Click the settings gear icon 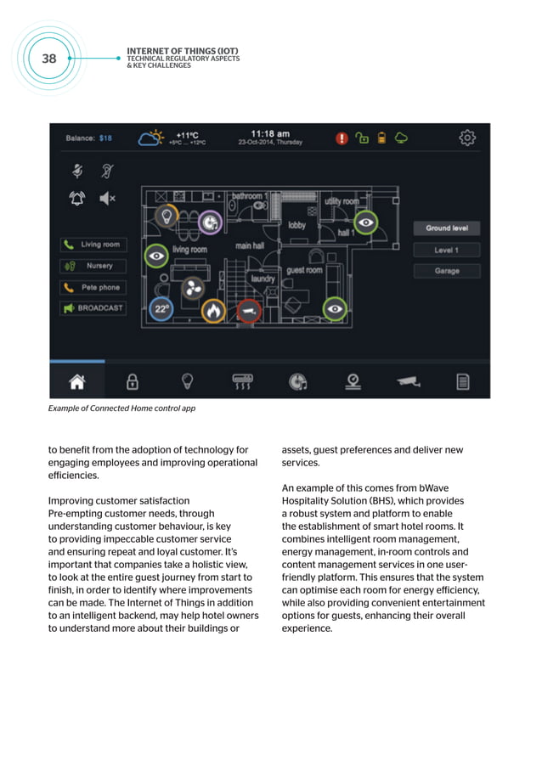[x=467, y=138]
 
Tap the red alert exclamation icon [x=342, y=138]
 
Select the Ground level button [x=447, y=228]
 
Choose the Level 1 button [x=447, y=250]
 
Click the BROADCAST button [x=93, y=308]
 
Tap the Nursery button [x=93, y=266]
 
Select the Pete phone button [x=93, y=287]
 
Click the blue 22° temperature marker [x=161, y=310]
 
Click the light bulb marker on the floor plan [x=167, y=216]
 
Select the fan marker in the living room [x=190, y=290]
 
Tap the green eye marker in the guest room [x=336, y=309]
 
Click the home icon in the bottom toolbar [x=77, y=382]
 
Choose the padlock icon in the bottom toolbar [x=133, y=382]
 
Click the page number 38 [x=49, y=58]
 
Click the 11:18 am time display [x=269, y=133]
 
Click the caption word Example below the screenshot [x=65, y=408]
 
